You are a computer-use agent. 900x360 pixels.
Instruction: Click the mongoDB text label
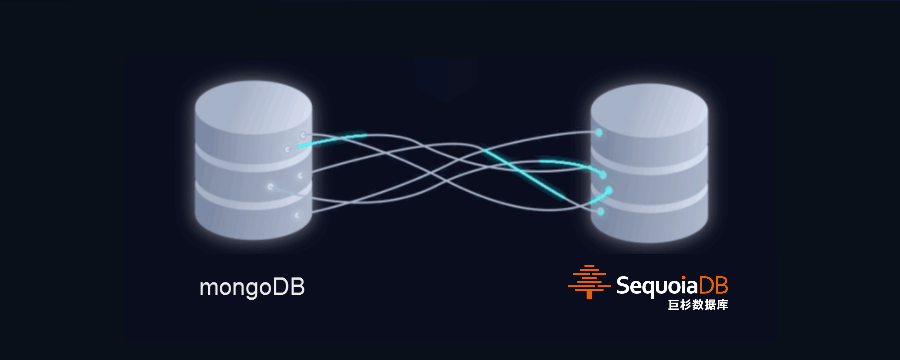point(251,288)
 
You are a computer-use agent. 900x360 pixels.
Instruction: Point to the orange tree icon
point(589,281)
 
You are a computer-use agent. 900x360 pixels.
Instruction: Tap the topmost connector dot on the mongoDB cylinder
point(302,135)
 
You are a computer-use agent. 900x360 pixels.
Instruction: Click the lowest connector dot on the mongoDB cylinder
point(297,215)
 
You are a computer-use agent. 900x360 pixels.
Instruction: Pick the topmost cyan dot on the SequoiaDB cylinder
point(599,133)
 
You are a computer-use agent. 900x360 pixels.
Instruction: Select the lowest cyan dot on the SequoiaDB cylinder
point(601,212)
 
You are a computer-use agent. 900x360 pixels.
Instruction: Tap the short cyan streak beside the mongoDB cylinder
point(331,140)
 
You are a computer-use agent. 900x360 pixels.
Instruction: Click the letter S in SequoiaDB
point(623,286)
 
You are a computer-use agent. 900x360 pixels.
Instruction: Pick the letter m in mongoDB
point(207,289)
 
